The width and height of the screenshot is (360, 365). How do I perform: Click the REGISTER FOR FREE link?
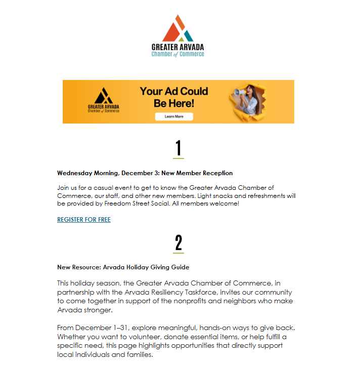coord(84,220)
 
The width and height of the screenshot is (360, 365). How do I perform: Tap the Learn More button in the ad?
coord(174,116)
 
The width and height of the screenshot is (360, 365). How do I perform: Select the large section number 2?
coord(178,243)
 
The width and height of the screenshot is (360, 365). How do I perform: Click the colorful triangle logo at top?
coord(177,29)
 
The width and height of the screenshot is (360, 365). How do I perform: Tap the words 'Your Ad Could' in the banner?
coord(174,92)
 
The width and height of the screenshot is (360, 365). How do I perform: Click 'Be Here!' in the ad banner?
coord(174,103)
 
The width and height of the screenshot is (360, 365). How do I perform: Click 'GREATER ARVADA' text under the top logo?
coord(178,47)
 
